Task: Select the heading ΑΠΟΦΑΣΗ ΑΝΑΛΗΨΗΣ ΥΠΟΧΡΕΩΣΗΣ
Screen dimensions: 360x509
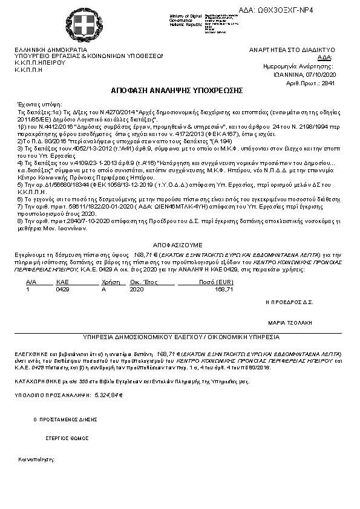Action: tap(177, 91)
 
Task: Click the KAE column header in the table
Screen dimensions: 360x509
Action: tap(62, 282)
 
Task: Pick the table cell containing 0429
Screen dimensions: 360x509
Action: tap(62, 290)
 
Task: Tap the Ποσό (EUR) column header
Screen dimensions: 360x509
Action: tap(209, 282)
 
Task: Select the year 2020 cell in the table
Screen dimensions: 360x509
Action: tap(137, 290)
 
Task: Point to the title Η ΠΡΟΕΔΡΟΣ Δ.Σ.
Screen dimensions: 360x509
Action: tap(289, 300)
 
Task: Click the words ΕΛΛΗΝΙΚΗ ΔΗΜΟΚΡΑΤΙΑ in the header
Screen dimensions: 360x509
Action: tap(51, 50)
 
